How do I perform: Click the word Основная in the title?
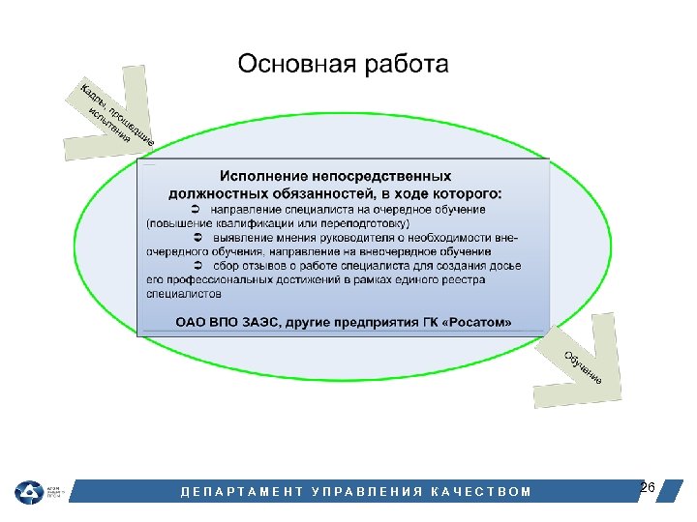point(295,65)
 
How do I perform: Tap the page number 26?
point(648,486)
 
